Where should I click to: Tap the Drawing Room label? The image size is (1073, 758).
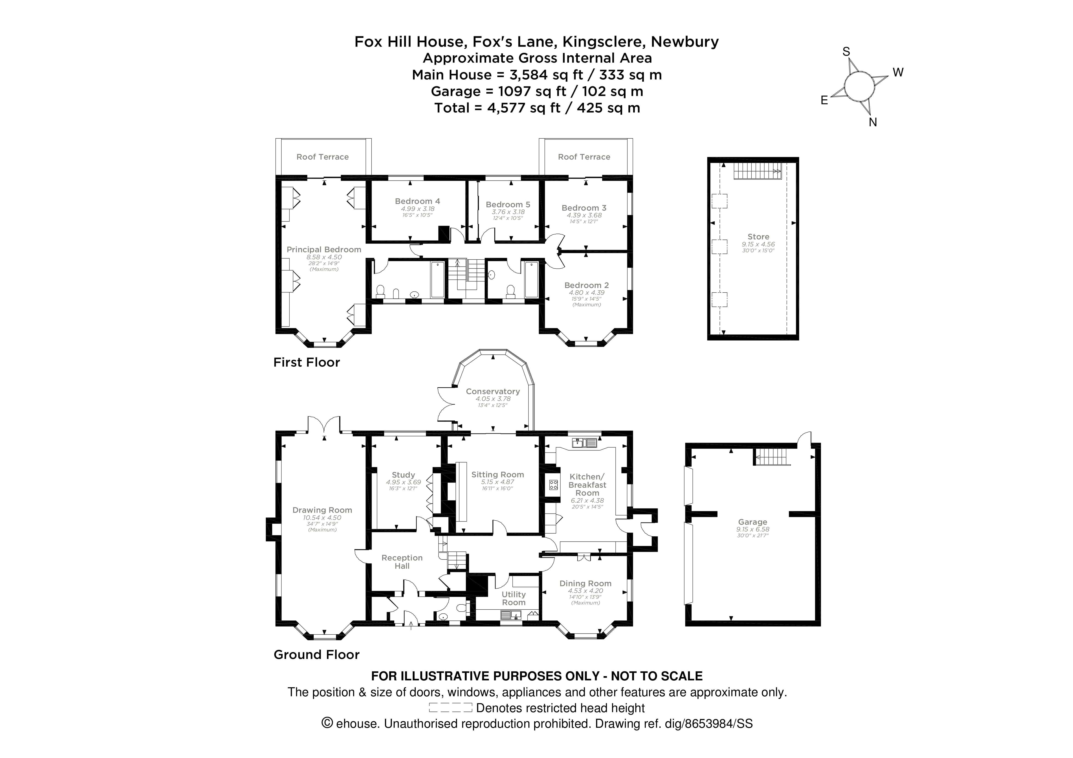(322, 510)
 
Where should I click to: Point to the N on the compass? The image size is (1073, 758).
(872, 122)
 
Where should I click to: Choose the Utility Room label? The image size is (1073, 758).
(514, 598)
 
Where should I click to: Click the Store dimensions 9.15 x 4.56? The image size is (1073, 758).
(758, 244)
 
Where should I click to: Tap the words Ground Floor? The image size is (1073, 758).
(316, 654)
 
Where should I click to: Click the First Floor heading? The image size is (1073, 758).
(307, 362)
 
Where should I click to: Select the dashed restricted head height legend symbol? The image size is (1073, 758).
(450, 708)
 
